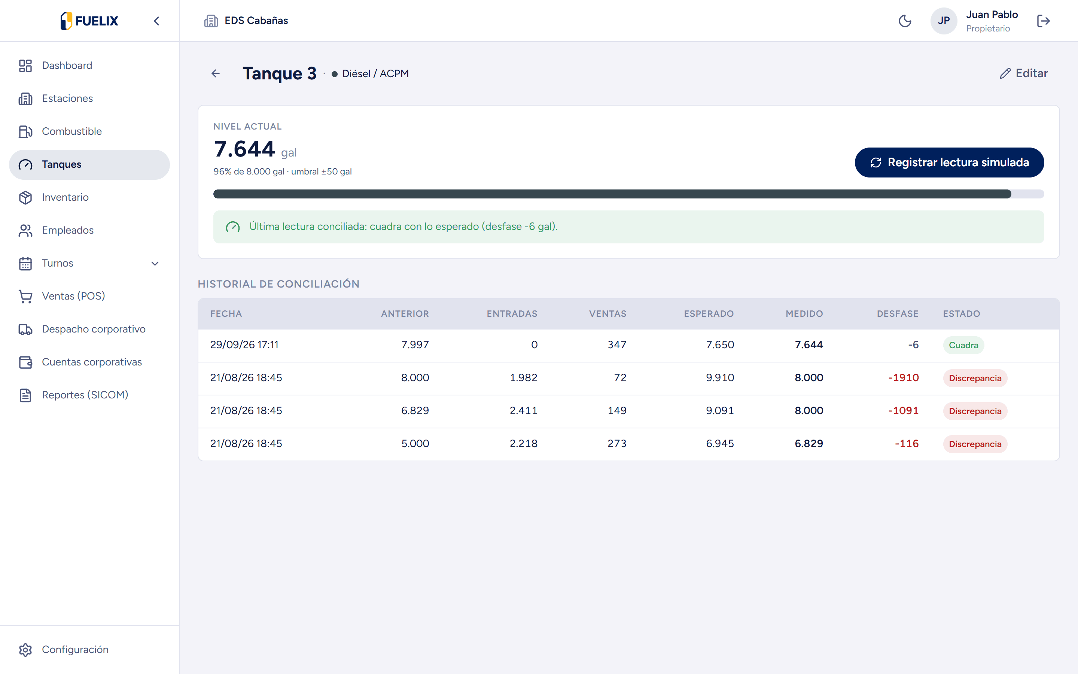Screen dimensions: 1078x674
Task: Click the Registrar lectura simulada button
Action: pyautogui.click(x=949, y=162)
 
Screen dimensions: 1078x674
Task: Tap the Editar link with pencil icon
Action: pyautogui.click(x=1023, y=73)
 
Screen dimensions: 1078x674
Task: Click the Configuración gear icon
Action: pyautogui.click(x=25, y=650)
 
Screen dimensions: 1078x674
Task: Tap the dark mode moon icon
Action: pyautogui.click(x=905, y=21)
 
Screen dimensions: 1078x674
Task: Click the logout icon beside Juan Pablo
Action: pyautogui.click(x=1043, y=21)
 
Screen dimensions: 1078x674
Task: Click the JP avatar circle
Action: pyautogui.click(x=944, y=21)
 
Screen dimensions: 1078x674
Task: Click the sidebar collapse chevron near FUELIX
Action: pyautogui.click(x=156, y=21)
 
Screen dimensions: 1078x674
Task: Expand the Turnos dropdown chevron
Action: pyautogui.click(x=155, y=264)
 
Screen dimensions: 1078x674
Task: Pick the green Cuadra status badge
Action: pyautogui.click(x=963, y=345)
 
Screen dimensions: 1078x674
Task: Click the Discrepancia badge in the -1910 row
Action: pyautogui.click(x=975, y=378)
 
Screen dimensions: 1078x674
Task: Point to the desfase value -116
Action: pyautogui.click(x=907, y=444)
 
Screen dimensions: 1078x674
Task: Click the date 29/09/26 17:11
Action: pyautogui.click(x=244, y=344)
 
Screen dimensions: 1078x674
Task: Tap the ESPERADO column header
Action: pyautogui.click(x=709, y=314)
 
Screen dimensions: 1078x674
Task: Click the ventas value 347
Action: pyautogui.click(x=617, y=344)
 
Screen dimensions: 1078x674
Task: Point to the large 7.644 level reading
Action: pyautogui.click(x=244, y=149)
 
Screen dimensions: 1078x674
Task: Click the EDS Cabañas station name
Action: pyautogui.click(x=256, y=21)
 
